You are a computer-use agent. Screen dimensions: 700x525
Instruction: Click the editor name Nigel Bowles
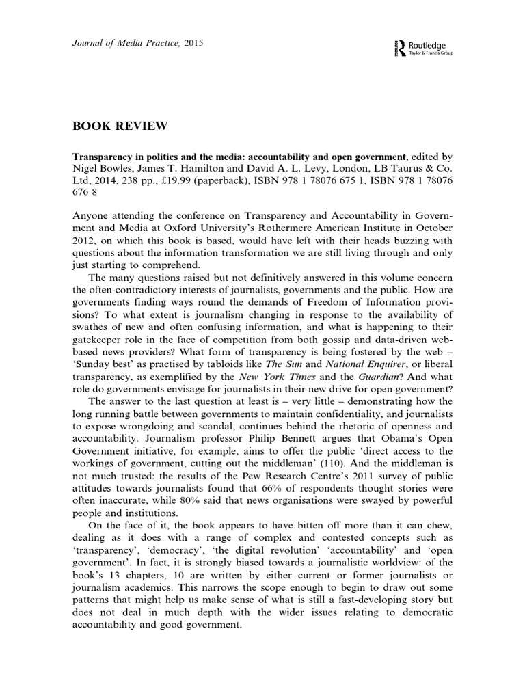click(103, 168)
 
